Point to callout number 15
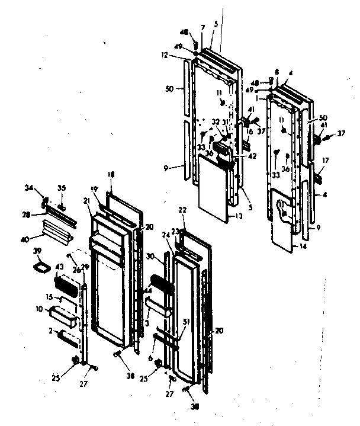point(51,297)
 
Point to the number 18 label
point(110,174)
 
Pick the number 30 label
point(168,256)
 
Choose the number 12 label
point(179,56)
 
